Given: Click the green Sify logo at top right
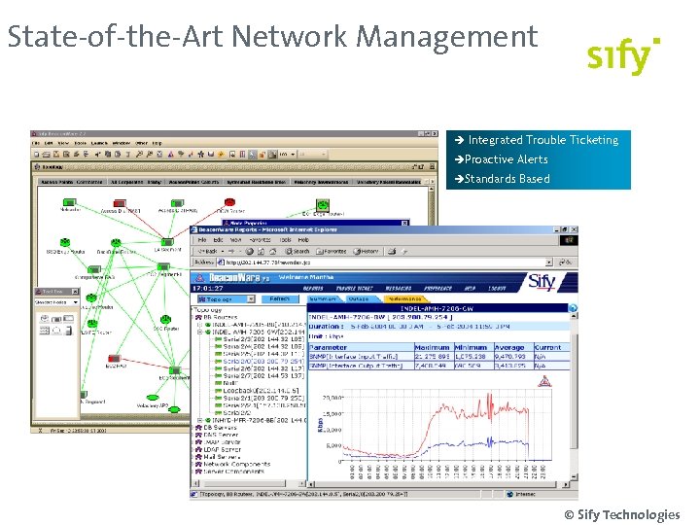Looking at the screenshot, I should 623,56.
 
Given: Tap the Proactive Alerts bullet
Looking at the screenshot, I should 506,159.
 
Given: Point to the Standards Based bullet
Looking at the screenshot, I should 507,179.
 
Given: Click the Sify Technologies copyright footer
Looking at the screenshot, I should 621,514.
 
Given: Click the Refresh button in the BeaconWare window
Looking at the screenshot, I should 279,299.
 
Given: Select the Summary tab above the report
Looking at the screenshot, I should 327,299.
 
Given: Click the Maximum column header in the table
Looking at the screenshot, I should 432,347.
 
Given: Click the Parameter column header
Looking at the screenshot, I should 329,347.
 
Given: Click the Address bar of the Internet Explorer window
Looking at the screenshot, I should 292,262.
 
